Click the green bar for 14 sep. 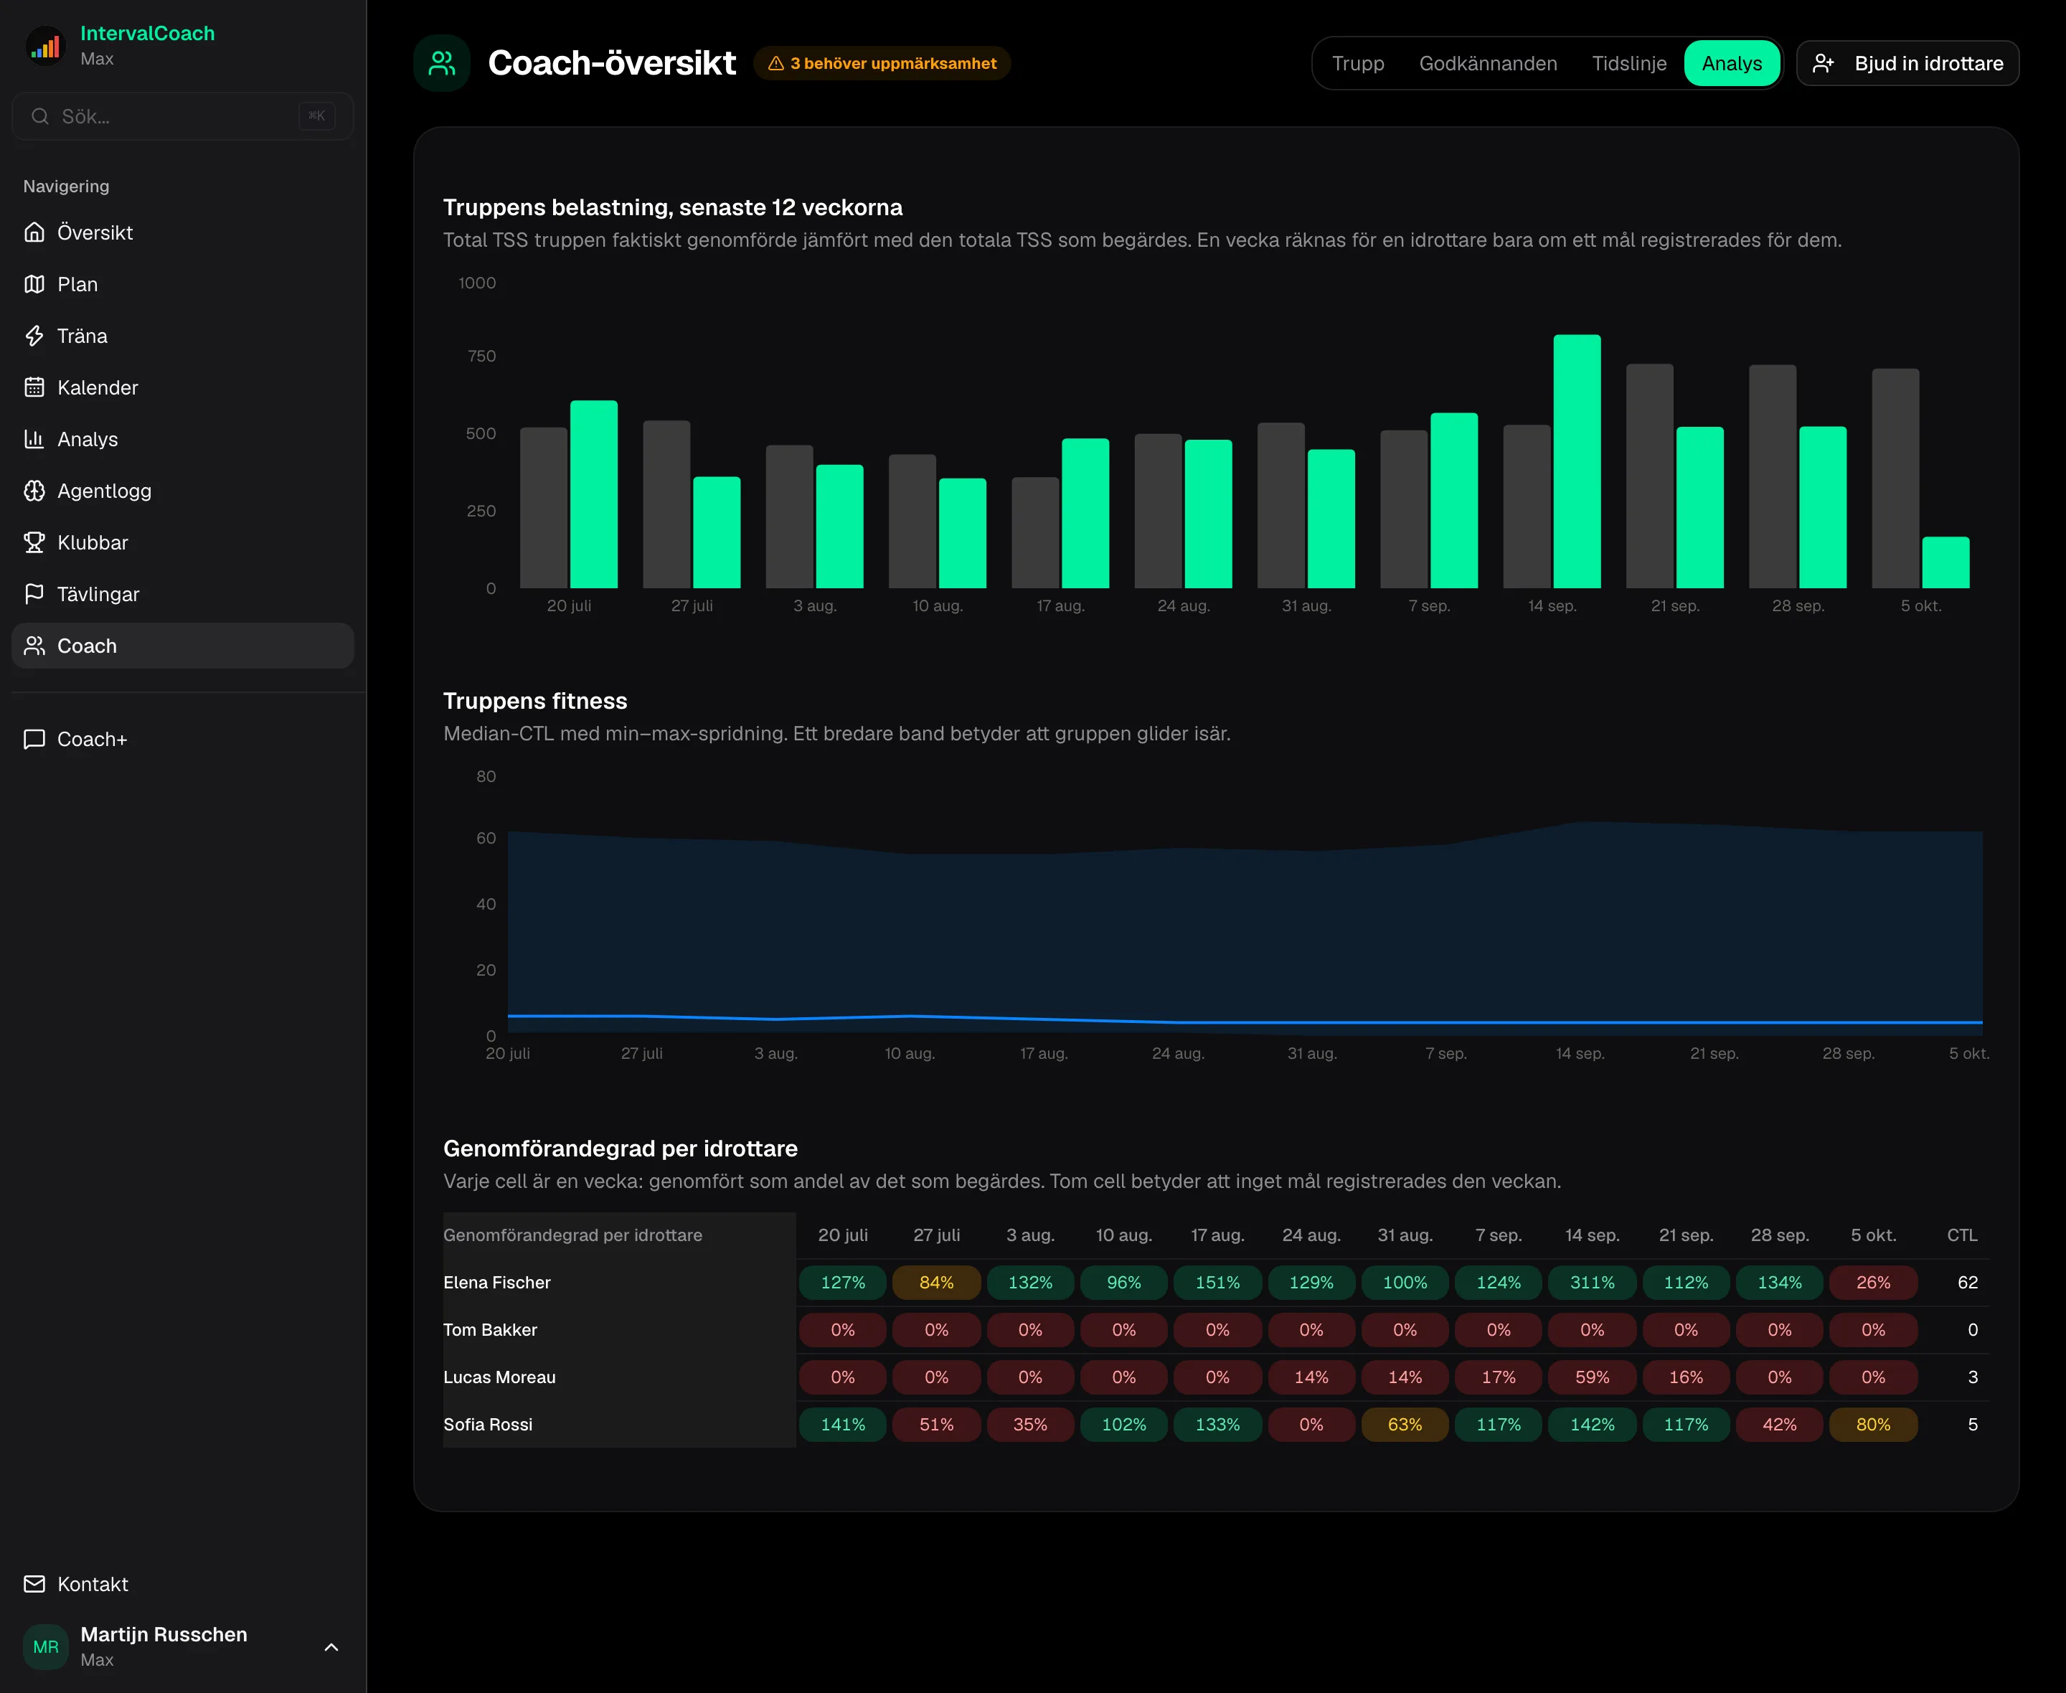click(1577, 461)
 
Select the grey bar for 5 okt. click(1895, 478)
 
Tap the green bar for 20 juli click(594, 494)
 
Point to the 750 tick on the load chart click(481, 356)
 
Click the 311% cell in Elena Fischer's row click(1592, 1283)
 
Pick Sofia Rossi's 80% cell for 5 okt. click(1873, 1425)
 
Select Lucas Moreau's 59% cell click(1592, 1377)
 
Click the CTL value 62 click(1968, 1283)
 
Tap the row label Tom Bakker click(491, 1330)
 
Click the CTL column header click(1963, 1235)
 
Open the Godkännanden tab click(1488, 63)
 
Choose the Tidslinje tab click(1629, 63)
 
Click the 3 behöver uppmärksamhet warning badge click(882, 63)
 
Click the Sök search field click(182, 116)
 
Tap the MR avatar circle click(46, 1647)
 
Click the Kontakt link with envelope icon click(76, 1584)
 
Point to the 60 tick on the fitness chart click(486, 839)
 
